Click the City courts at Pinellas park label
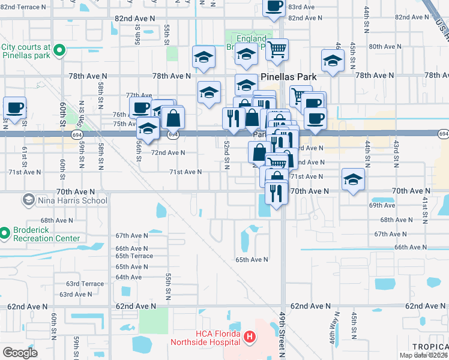tap(25, 50)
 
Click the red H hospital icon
tap(250, 338)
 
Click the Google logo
tap(20, 353)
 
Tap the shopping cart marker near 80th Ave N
tap(277, 50)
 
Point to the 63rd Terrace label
tap(85, 284)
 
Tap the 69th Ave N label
tap(382, 205)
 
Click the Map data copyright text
tap(423, 355)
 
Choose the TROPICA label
tap(430, 347)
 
